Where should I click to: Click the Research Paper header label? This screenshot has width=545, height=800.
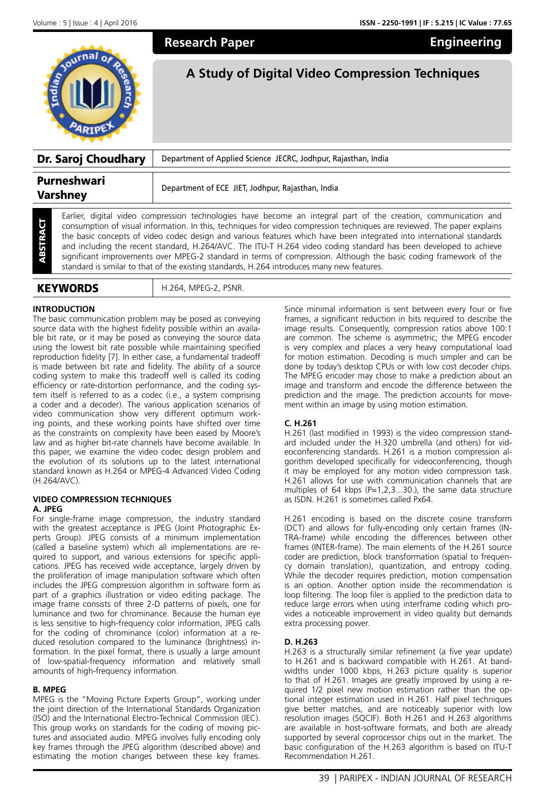(x=209, y=43)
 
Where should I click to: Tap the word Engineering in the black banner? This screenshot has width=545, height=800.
(x=465, y=42)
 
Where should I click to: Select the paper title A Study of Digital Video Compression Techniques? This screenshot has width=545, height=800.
(x=333, y=74)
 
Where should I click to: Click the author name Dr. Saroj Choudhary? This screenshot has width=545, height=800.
(x=91, y=159)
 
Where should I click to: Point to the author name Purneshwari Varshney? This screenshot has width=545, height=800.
(x=71, y=188)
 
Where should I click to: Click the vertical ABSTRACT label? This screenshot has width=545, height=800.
(x=42, y=241)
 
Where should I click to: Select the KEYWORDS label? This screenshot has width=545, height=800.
(x=68, y=288)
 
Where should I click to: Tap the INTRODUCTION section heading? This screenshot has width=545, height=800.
(x=64, y=309)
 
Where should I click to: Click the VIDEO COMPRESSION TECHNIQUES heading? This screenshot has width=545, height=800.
(x=102, y=499)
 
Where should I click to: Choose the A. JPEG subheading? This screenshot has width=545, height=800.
(x=48, y=509)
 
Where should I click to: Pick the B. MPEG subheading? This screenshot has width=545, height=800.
(x=50, y=689)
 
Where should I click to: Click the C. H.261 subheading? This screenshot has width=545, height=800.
(x=301, y=423)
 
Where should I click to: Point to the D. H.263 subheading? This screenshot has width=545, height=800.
(x=301, y=642)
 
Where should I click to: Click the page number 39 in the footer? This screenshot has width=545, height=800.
(x=324, y=778)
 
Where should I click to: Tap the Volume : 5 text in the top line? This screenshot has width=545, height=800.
(x=50, y=23)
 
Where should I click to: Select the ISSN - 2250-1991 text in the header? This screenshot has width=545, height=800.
(x=388, y=23)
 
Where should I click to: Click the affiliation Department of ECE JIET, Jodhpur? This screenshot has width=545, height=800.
(x=249, y=188)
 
